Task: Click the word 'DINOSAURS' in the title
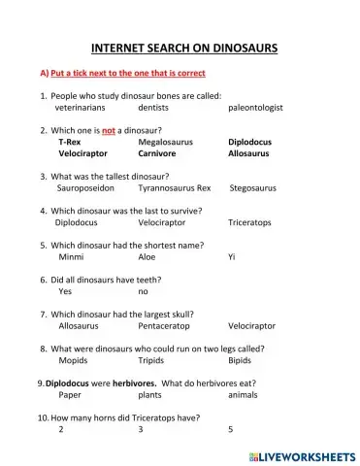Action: [240, 47]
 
